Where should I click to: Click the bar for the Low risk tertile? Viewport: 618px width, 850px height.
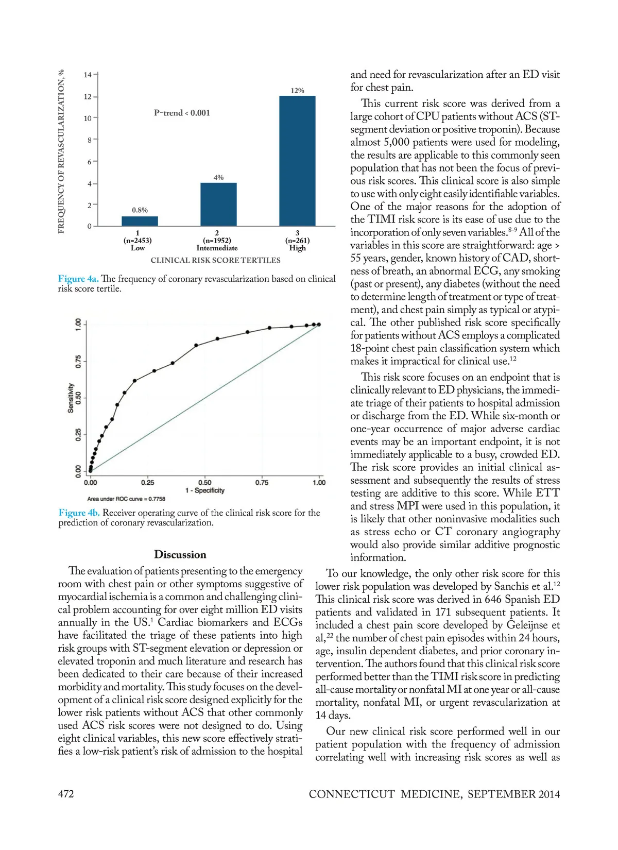[140, 221]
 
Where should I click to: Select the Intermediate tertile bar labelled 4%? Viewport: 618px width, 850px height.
[218, 205]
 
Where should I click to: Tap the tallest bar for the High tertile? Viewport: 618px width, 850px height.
[297, 161]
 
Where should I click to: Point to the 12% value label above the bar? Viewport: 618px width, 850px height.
[297, 91]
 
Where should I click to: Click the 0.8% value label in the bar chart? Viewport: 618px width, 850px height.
[140, 210]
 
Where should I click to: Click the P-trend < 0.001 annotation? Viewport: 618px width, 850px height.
[182, 113]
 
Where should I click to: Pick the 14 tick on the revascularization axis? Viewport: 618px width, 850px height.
[88, 75]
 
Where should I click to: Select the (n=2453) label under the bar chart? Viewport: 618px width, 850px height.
[138, 241]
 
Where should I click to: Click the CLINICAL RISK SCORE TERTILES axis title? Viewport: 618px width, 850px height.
[215, 261]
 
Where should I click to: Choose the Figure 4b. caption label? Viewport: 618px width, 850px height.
[79, 513]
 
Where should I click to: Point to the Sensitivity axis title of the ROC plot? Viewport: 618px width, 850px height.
[71, 397]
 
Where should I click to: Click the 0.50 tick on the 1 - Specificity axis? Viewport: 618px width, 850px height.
[204, 483]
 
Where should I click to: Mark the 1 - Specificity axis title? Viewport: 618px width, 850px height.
[204, 490]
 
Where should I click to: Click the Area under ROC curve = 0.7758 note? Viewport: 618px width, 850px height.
[126, 499]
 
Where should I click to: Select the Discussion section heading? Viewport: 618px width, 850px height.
[180, 555]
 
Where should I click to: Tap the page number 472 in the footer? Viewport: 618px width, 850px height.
[66, 794]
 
